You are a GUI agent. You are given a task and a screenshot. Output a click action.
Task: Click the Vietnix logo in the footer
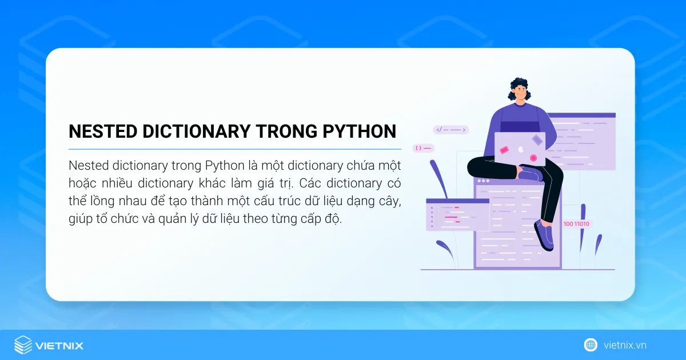coord(49,345)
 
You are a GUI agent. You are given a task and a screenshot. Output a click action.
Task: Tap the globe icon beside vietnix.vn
coord(591,345)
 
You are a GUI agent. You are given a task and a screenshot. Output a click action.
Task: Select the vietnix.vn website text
coord(625,345)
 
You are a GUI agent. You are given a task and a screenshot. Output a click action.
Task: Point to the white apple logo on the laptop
coord(520,149)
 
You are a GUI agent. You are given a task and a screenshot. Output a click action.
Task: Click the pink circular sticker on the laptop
coord(533,158)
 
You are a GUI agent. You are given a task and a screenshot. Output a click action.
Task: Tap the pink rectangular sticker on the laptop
coord(504,150)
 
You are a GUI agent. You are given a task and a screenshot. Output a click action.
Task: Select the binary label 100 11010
coord(577,224)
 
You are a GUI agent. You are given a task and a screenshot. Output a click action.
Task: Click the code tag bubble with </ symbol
coord(451,130)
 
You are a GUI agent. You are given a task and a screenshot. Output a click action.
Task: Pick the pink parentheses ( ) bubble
coord(424,148)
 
